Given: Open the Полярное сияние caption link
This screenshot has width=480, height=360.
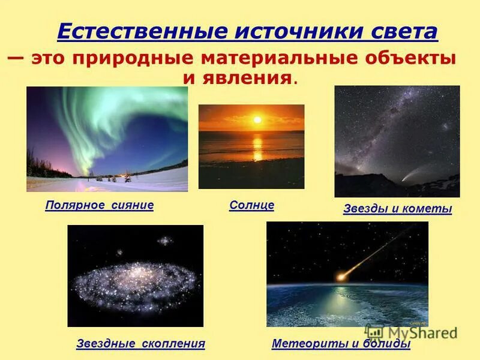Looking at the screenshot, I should pos(100,205).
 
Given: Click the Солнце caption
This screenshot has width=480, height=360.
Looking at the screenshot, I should pos(252,205).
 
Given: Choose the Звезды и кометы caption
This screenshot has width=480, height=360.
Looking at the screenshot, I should pos(397,209).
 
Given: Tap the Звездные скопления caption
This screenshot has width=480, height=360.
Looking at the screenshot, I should pos(141,344).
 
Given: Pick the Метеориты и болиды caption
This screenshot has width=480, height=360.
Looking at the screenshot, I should pos(341,344).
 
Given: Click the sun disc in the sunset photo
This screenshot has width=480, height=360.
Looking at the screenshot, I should pos(257,120).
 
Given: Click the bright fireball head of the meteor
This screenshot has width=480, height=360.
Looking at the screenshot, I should pos(342,277).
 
